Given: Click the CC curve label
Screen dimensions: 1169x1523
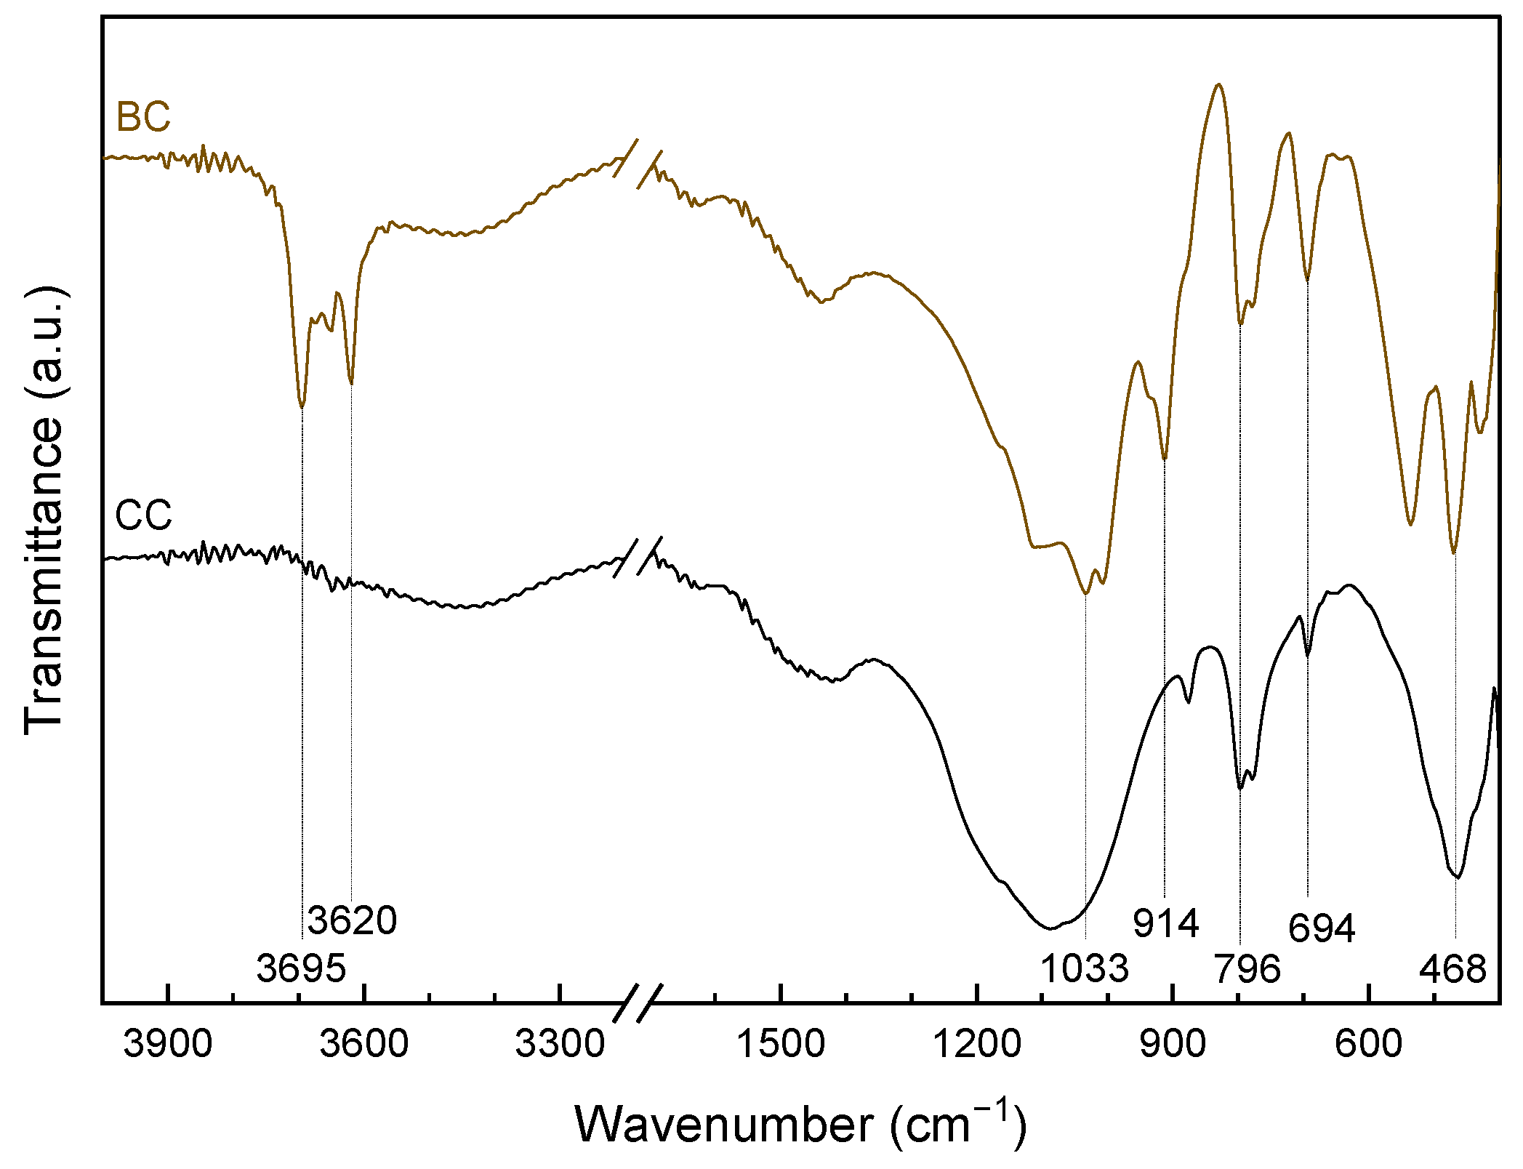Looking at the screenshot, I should [143, 515].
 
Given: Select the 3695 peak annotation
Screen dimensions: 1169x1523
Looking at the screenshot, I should [301, 968].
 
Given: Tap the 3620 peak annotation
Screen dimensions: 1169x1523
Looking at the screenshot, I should [352, 920].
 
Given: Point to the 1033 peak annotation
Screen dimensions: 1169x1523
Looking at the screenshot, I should [1085, 968].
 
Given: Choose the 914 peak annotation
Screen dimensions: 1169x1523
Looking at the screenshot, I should [1165, 923].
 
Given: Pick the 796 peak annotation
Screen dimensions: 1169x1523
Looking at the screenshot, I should [1247, 968].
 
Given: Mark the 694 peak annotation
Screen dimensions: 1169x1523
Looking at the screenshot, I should [1322, 928].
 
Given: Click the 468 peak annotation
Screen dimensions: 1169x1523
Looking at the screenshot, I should [1452, 968].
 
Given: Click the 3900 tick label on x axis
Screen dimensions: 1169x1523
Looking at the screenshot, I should [168, 1044].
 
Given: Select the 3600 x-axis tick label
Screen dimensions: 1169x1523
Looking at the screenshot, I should [364, 1044].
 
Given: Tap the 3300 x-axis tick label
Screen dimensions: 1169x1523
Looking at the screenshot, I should [560, 1044].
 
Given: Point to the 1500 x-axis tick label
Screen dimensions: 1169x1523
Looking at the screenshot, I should [781, 1044].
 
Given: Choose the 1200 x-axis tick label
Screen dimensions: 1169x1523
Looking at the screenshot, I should [977, 1044].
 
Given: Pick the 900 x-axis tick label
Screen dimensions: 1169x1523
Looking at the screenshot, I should [1173, 1044].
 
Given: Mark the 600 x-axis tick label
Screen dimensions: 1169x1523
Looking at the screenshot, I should [1369, 1044].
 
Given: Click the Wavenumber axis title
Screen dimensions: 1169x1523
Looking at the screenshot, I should [800, 1125].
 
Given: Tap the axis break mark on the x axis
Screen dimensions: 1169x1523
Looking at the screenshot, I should [638, 1003].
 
